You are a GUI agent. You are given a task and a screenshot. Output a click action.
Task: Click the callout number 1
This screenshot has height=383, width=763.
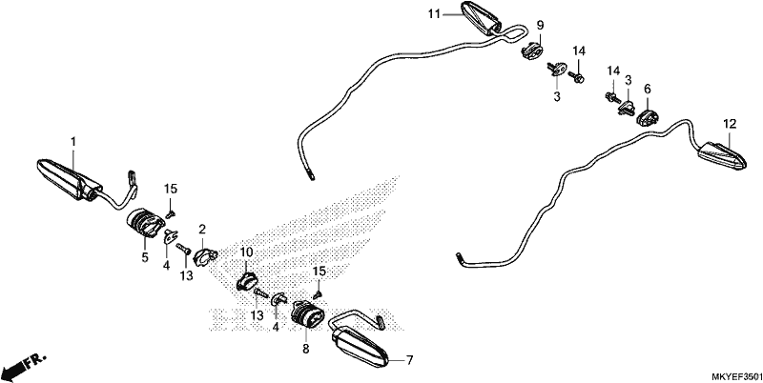(73, 142)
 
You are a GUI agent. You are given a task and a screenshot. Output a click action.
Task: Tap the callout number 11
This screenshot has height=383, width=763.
(434, 14)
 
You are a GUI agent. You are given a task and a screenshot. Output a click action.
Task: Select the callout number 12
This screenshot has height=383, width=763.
(730, 124)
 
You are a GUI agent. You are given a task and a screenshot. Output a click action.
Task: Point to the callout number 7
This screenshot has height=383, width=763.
(410, 360)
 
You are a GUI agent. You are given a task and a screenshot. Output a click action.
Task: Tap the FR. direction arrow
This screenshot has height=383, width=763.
(23, 367)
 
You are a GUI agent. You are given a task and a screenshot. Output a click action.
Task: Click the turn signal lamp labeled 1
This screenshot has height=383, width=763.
(70, 179)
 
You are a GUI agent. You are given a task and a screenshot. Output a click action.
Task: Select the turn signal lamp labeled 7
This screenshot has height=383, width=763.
(361, 348)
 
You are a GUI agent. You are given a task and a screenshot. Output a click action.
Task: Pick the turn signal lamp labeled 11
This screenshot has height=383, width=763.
(482, 18)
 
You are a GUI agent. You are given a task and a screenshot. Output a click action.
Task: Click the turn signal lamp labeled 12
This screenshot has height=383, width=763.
(723, 155)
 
